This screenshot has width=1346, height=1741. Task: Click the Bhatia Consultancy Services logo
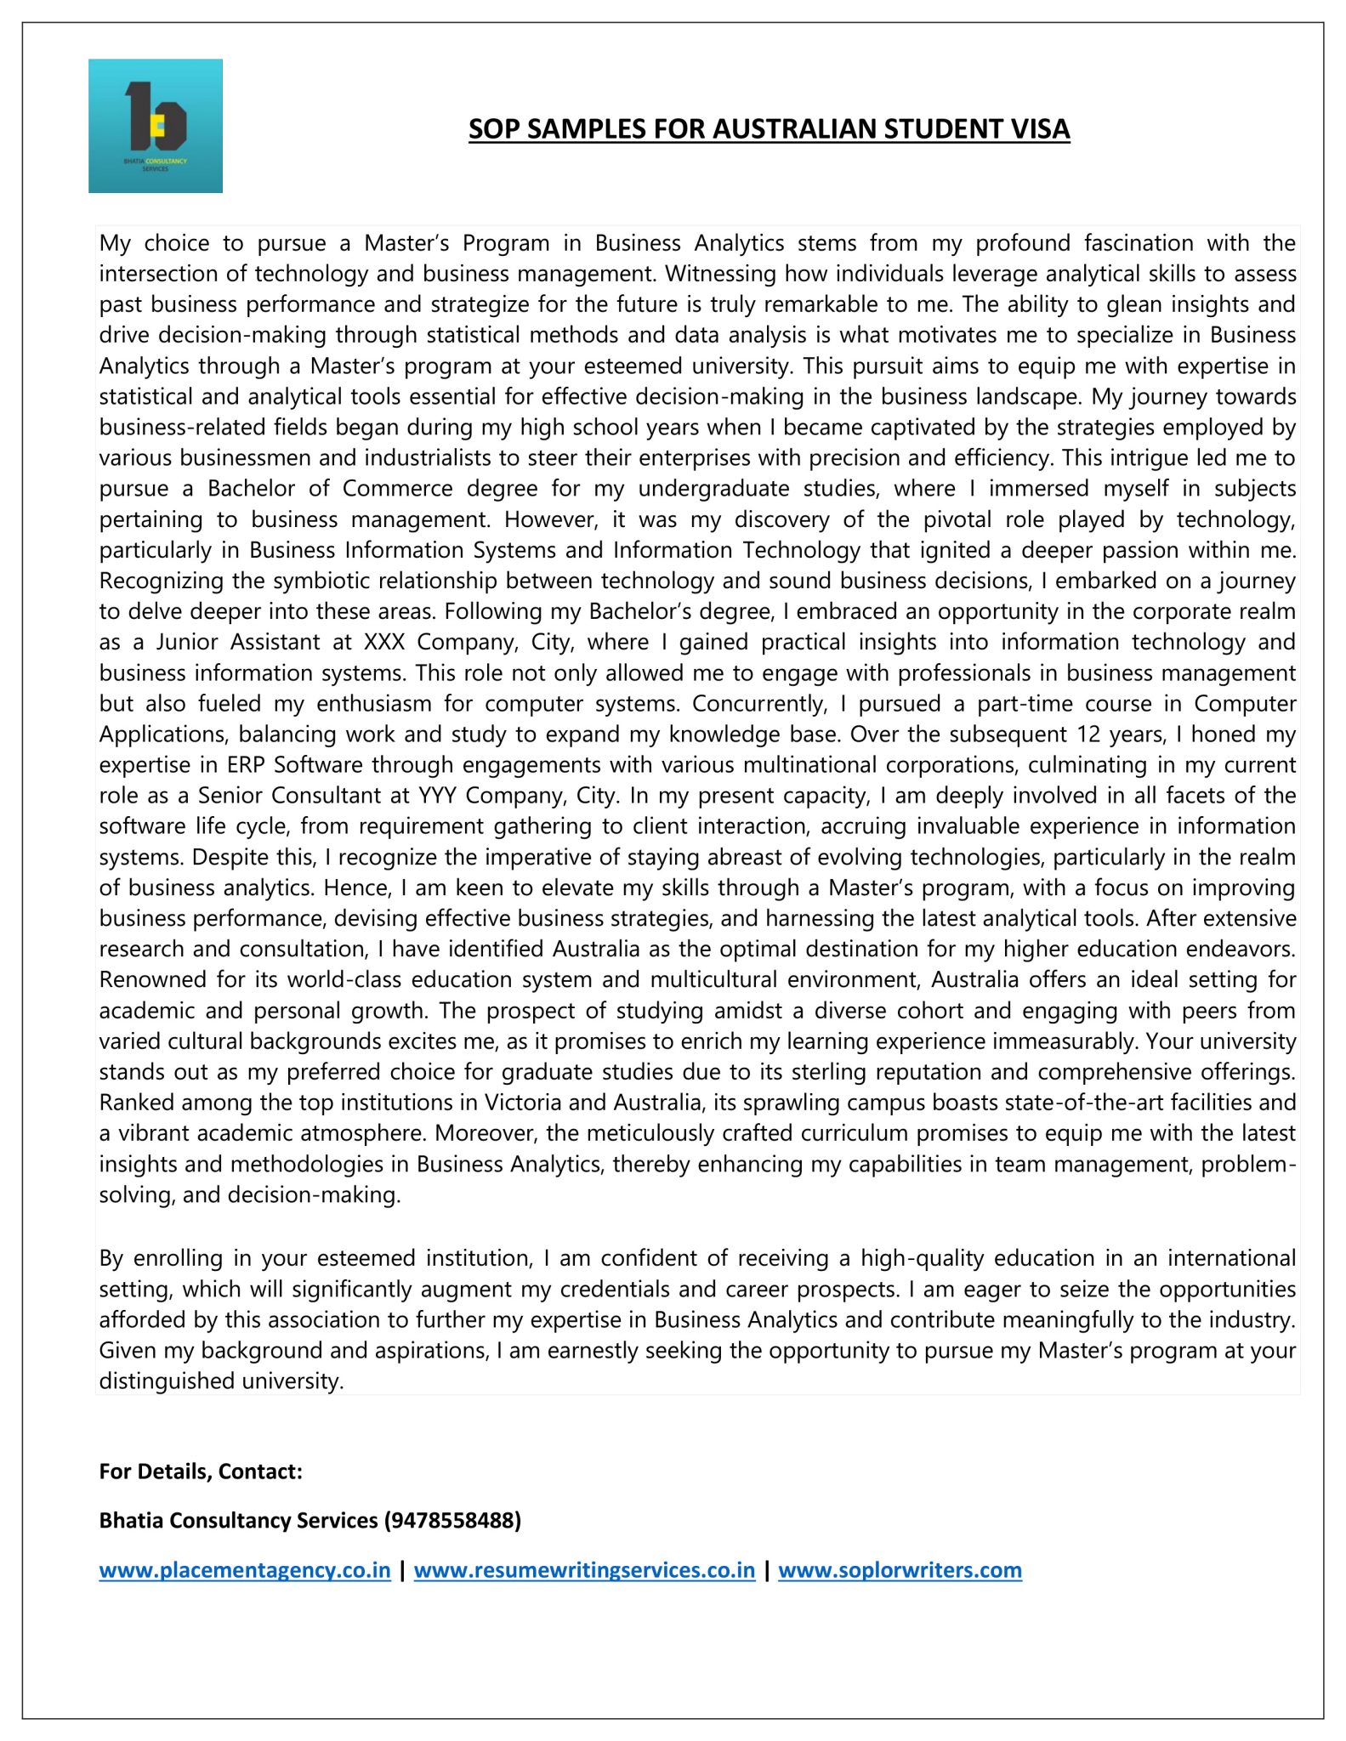(x=156, y=126)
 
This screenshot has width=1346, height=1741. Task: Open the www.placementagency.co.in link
(x=245, y=1570)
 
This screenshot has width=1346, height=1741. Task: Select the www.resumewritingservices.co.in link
(x=584, y=1570)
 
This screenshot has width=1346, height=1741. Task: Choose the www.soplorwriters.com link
(x=900, y=1570)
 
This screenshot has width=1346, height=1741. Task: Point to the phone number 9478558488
(x=452, y=1520)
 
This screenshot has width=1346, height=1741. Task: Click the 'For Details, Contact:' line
(x=201, y=1472)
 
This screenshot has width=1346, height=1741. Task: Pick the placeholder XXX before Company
(x=384, y=642)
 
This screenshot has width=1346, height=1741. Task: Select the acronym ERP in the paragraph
(x=246, y=765)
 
